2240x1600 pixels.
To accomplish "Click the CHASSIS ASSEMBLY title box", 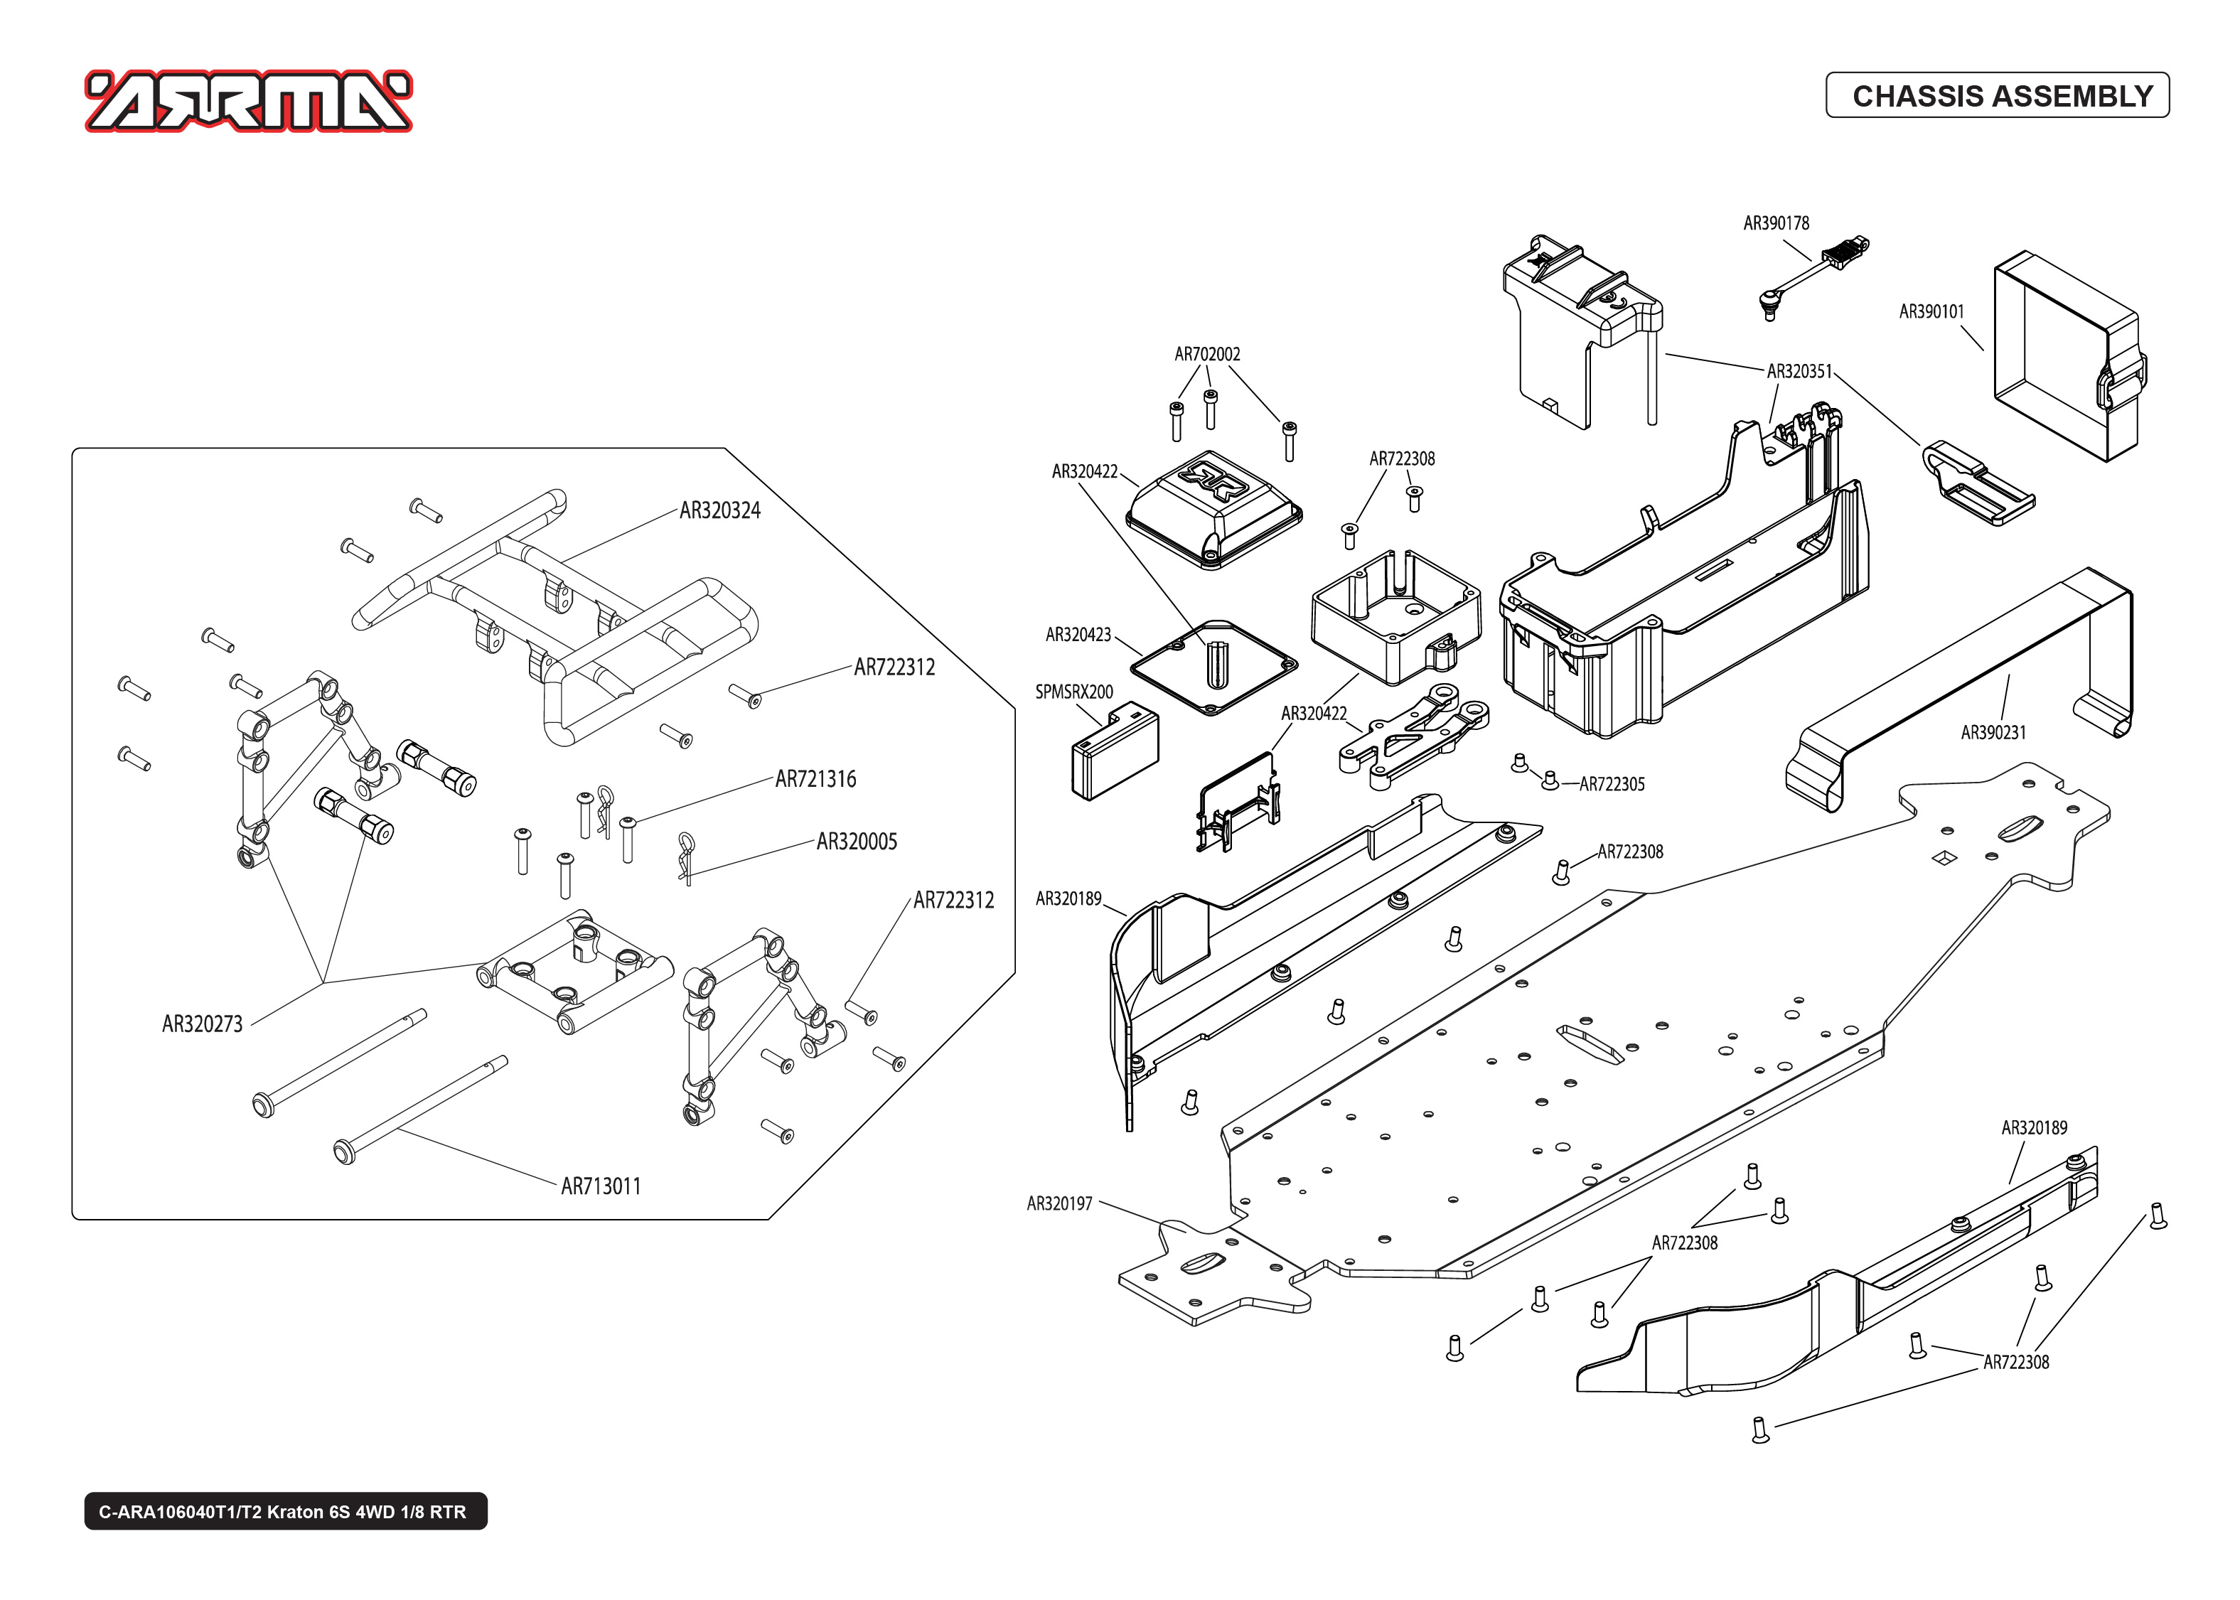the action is click(x=1997, y=95).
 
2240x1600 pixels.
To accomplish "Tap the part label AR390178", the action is click(x=1776, y=224).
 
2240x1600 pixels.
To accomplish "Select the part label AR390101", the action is click(x=1931, y=312).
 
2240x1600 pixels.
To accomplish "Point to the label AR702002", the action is click(x=1206, y=355).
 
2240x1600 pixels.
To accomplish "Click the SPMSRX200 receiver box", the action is click(x=1114, y=750).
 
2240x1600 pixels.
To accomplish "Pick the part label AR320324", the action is click(x=720, y=510).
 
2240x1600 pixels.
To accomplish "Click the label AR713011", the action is click(x=601, y=1186).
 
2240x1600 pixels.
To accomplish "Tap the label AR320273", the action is click(x=202, y=1024).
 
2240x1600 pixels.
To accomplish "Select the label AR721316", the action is click(x=815, y=779).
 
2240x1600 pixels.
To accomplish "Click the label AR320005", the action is click(x=857, y=842).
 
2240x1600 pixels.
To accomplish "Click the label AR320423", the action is click(x=1078, y=635).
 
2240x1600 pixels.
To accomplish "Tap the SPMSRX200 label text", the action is click(x=1073, y=692).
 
